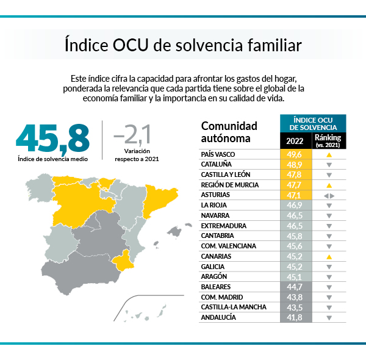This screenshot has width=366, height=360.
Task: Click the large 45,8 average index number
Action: pyautogui.click(x=53, y=139)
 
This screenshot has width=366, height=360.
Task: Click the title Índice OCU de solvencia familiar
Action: pyautogui.click(x=182, y=46)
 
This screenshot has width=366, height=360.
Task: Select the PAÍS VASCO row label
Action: pyautogui.click(x=218, y=155)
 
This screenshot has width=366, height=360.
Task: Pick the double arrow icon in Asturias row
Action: pyautogui.click(x=329, y=195)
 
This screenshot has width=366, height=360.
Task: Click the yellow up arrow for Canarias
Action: pyautogui.click(x=329, y=257)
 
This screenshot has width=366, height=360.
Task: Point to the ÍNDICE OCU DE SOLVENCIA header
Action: pyautogui.click(x=313, y=123)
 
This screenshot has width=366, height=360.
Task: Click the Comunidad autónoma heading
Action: pyautogui.click(x=229, y=132)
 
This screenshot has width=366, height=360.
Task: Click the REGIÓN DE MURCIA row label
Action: pyautogui.click(x=229, y=185)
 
